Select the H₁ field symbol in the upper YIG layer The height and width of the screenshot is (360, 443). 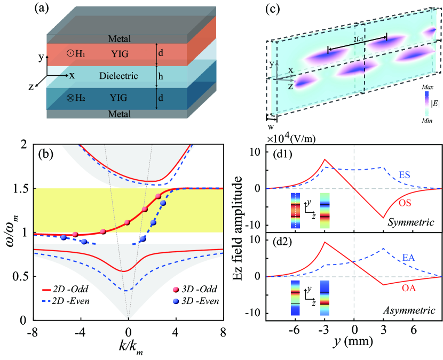click(76, 53)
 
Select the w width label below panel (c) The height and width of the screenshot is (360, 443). click(271, 126)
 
